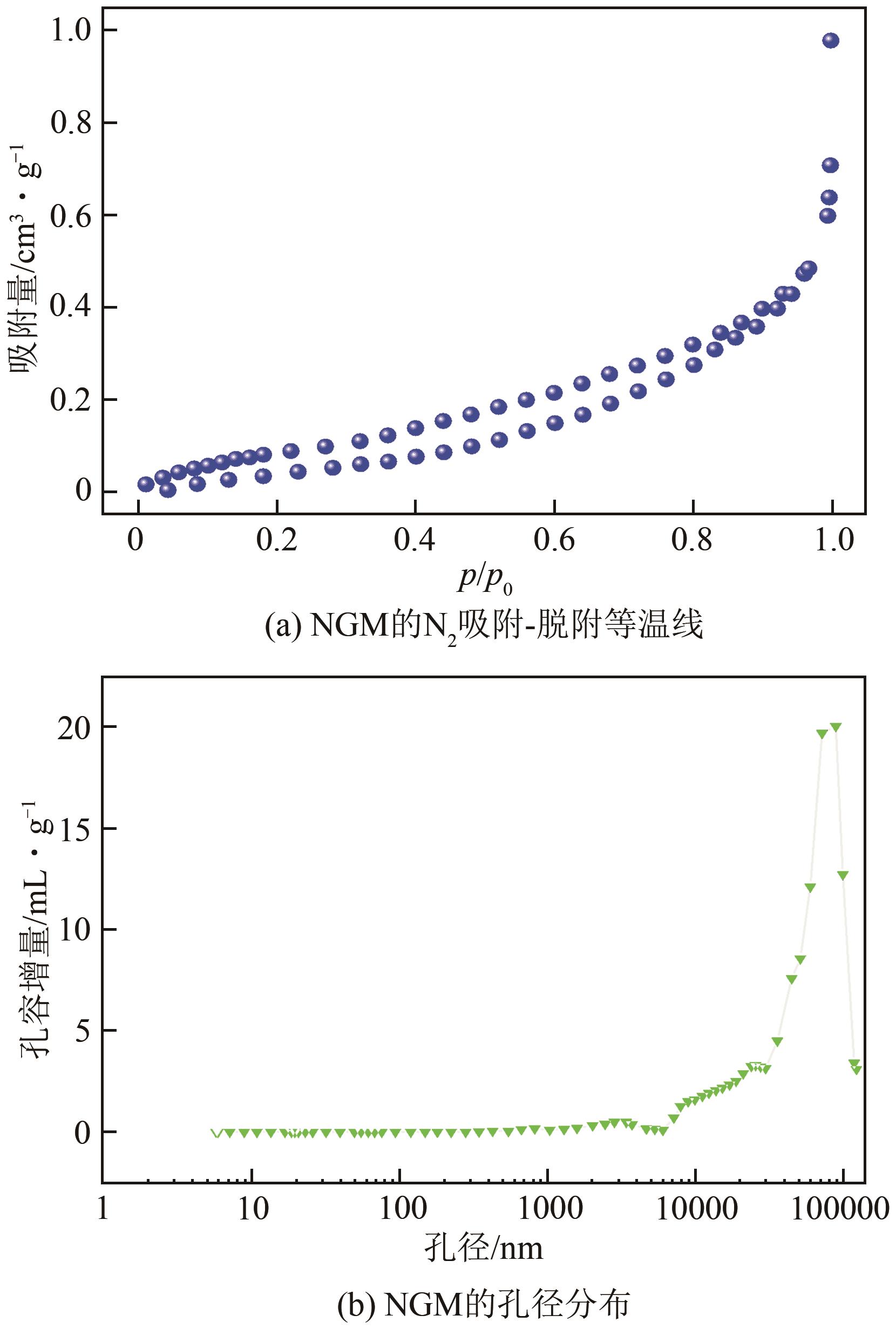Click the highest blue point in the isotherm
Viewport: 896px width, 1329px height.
[x=830, y=40]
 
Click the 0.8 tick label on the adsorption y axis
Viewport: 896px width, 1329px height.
[x=71, y=123]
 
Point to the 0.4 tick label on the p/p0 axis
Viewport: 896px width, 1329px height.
[x=415, y=540]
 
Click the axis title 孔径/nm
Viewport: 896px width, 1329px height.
[x=484, y=1249]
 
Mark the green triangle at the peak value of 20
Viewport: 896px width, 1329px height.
[x=836, y=727]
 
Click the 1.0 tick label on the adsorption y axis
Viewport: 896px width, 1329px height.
[x=71, y=30]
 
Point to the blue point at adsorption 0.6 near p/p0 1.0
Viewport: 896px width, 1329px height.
[x=827, y=215]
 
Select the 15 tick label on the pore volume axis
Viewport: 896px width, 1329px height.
[x=74, y=829]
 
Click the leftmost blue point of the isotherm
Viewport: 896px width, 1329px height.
[x=146, y=485]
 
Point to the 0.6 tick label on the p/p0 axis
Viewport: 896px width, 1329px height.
[x=554, y=540]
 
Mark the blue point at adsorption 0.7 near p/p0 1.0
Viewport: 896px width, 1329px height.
[x=830, y=166]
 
